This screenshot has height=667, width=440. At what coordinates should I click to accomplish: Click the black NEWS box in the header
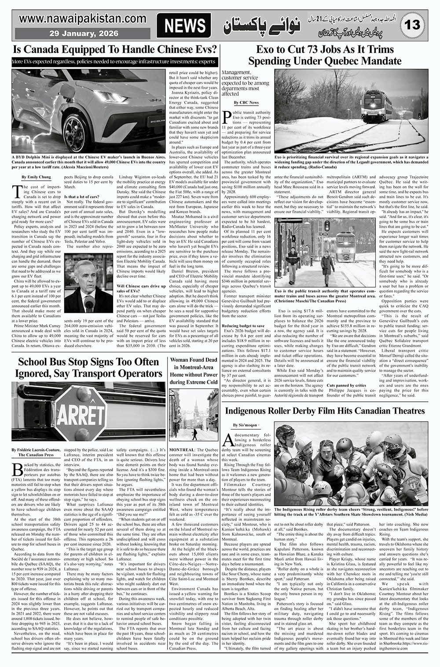tap(181, 27)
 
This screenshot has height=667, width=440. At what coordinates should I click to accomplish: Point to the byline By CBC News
tap(246, 102)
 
